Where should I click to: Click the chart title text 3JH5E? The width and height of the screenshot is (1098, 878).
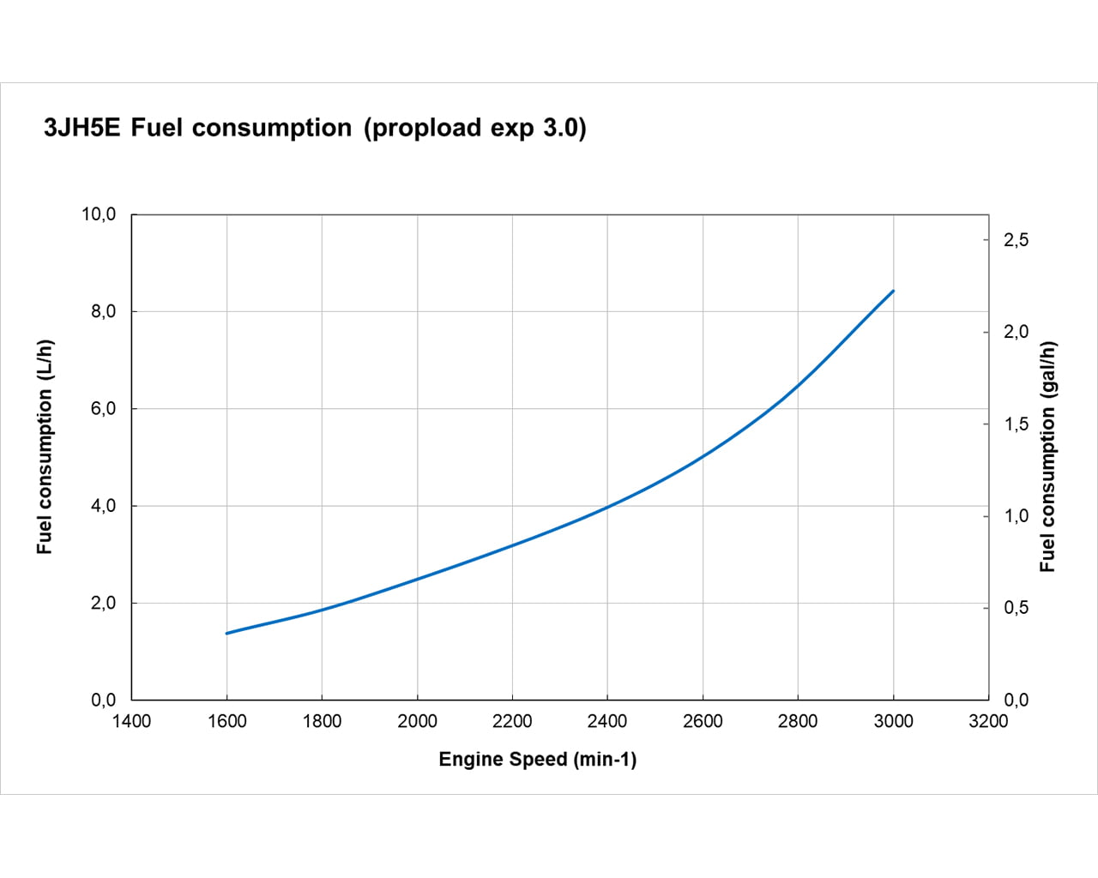point(82,128)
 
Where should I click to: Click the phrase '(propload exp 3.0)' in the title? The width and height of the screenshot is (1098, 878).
point(475,128)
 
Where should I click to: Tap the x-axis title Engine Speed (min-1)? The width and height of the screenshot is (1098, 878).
point(538,759)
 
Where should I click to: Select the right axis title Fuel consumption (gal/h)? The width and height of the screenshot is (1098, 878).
point(1047,457)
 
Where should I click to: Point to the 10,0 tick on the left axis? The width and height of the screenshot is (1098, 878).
point(99,214)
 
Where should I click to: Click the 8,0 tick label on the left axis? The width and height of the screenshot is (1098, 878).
point(103,311)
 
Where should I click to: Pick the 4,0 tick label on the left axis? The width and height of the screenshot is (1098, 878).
point(103,506)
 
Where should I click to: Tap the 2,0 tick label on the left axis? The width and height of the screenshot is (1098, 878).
point(103,603)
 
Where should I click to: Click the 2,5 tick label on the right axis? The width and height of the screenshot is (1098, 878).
point(1016,240)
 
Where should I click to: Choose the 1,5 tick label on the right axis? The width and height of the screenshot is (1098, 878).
point(1016,424)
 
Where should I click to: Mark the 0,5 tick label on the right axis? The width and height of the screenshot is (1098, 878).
point(1016,608)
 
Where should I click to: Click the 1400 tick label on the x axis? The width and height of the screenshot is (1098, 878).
point(131,721)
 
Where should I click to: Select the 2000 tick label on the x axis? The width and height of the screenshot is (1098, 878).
point(417,721)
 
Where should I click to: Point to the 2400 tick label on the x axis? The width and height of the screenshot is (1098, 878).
point(607,721)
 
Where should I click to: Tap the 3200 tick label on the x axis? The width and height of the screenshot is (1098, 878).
point(988,721)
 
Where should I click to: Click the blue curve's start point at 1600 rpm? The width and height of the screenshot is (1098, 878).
point(227,633)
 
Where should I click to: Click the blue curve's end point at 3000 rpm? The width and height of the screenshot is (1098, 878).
point(893,291)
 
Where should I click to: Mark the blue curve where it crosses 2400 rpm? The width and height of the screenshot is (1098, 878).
point(607,507)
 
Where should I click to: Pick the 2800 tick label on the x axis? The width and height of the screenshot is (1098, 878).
point(798,721)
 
